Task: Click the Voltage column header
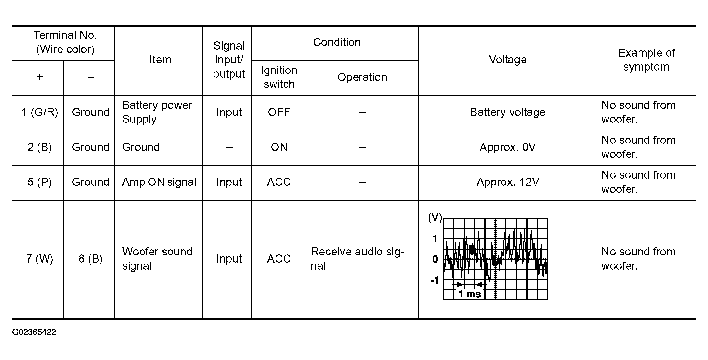pos(507,60)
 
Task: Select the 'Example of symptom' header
pos(646,60)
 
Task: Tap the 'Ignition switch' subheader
pos(279,77)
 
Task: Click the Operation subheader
pos(362,77)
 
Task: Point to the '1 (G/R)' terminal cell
pos(40,112)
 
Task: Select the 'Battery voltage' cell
pos(507,112)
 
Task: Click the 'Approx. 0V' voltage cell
pos(507,147)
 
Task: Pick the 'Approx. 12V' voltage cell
pos(507,182)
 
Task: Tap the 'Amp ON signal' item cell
pos(159,182)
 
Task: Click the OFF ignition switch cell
pos(279,112)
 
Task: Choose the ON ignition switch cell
pos(279,147)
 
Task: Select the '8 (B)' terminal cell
pos(90,259)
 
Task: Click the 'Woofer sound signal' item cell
pos(157,259)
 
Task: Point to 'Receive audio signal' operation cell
pos(357,259)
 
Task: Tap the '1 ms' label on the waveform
pos(469,294)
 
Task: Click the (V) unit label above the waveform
pos(435,218)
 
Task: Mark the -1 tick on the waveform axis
pos(435,280)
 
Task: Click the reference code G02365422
pos(34,332)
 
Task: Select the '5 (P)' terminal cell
pos(40,182)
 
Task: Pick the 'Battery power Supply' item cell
pos(157,112)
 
